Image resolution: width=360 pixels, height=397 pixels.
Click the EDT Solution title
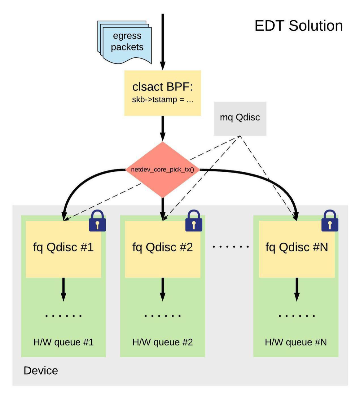299,26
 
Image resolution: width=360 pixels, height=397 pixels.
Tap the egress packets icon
124,42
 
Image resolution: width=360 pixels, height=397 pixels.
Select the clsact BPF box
162,93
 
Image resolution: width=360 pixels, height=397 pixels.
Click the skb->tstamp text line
162,99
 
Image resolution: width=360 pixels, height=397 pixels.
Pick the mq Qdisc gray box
240,118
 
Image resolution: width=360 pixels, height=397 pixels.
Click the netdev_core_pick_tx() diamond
162,169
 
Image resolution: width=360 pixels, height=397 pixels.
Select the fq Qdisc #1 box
63,249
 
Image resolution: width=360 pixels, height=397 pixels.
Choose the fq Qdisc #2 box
162,249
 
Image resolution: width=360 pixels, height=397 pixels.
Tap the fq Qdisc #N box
297,249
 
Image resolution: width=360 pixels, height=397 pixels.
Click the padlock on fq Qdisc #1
97,221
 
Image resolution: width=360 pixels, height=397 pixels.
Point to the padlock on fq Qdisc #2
194,221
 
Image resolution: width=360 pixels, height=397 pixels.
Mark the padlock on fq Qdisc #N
330,221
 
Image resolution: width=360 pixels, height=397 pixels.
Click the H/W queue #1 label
63,342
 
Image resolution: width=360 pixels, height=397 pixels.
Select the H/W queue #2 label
162,342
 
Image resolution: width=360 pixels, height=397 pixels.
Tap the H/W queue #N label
296,342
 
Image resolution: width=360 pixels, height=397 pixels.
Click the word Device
41,371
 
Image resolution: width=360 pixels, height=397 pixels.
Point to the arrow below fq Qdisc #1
63,289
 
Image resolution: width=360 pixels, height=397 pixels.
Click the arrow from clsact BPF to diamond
163,128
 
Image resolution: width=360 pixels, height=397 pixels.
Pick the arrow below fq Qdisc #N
297,289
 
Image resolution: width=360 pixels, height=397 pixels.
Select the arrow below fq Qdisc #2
163,289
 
